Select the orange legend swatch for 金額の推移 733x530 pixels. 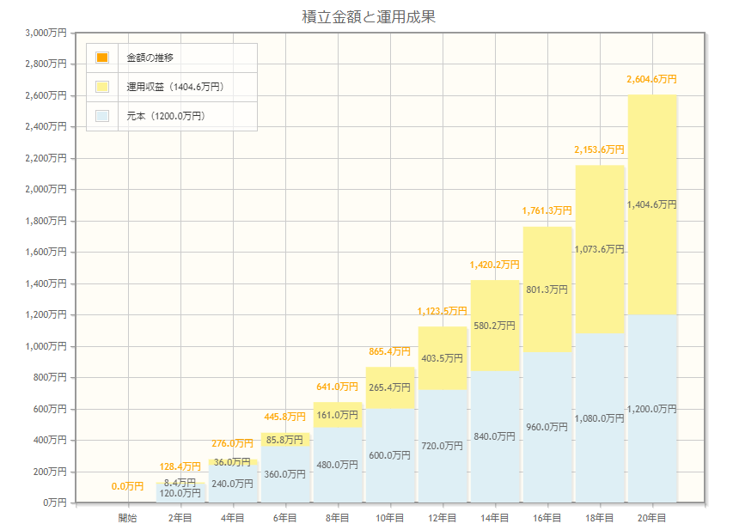(x=102, y=58)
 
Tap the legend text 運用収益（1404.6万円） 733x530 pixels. (x=174, y=87)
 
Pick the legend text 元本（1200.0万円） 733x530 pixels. (x=166, y=116)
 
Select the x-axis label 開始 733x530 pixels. (x=128, y=518)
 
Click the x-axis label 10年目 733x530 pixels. (x=390, y=518)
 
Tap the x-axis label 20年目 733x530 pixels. (x=652, y=518)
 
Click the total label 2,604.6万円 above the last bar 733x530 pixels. (x=652, y=79)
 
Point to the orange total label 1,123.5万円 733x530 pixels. (x=443, y=311)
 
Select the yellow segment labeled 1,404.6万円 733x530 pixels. (x=652, y=204)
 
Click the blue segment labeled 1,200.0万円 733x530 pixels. (x=652, y=409)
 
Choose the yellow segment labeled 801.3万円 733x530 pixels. (x=547, y=289)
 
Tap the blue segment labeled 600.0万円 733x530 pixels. (x=390, y=455)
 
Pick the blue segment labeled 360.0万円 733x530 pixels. (x=285, y=474)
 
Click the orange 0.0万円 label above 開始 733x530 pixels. (x=128, y=486)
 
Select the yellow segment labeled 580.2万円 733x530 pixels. (x=495, y=326)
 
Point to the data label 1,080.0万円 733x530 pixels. (x=600, y=418)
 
